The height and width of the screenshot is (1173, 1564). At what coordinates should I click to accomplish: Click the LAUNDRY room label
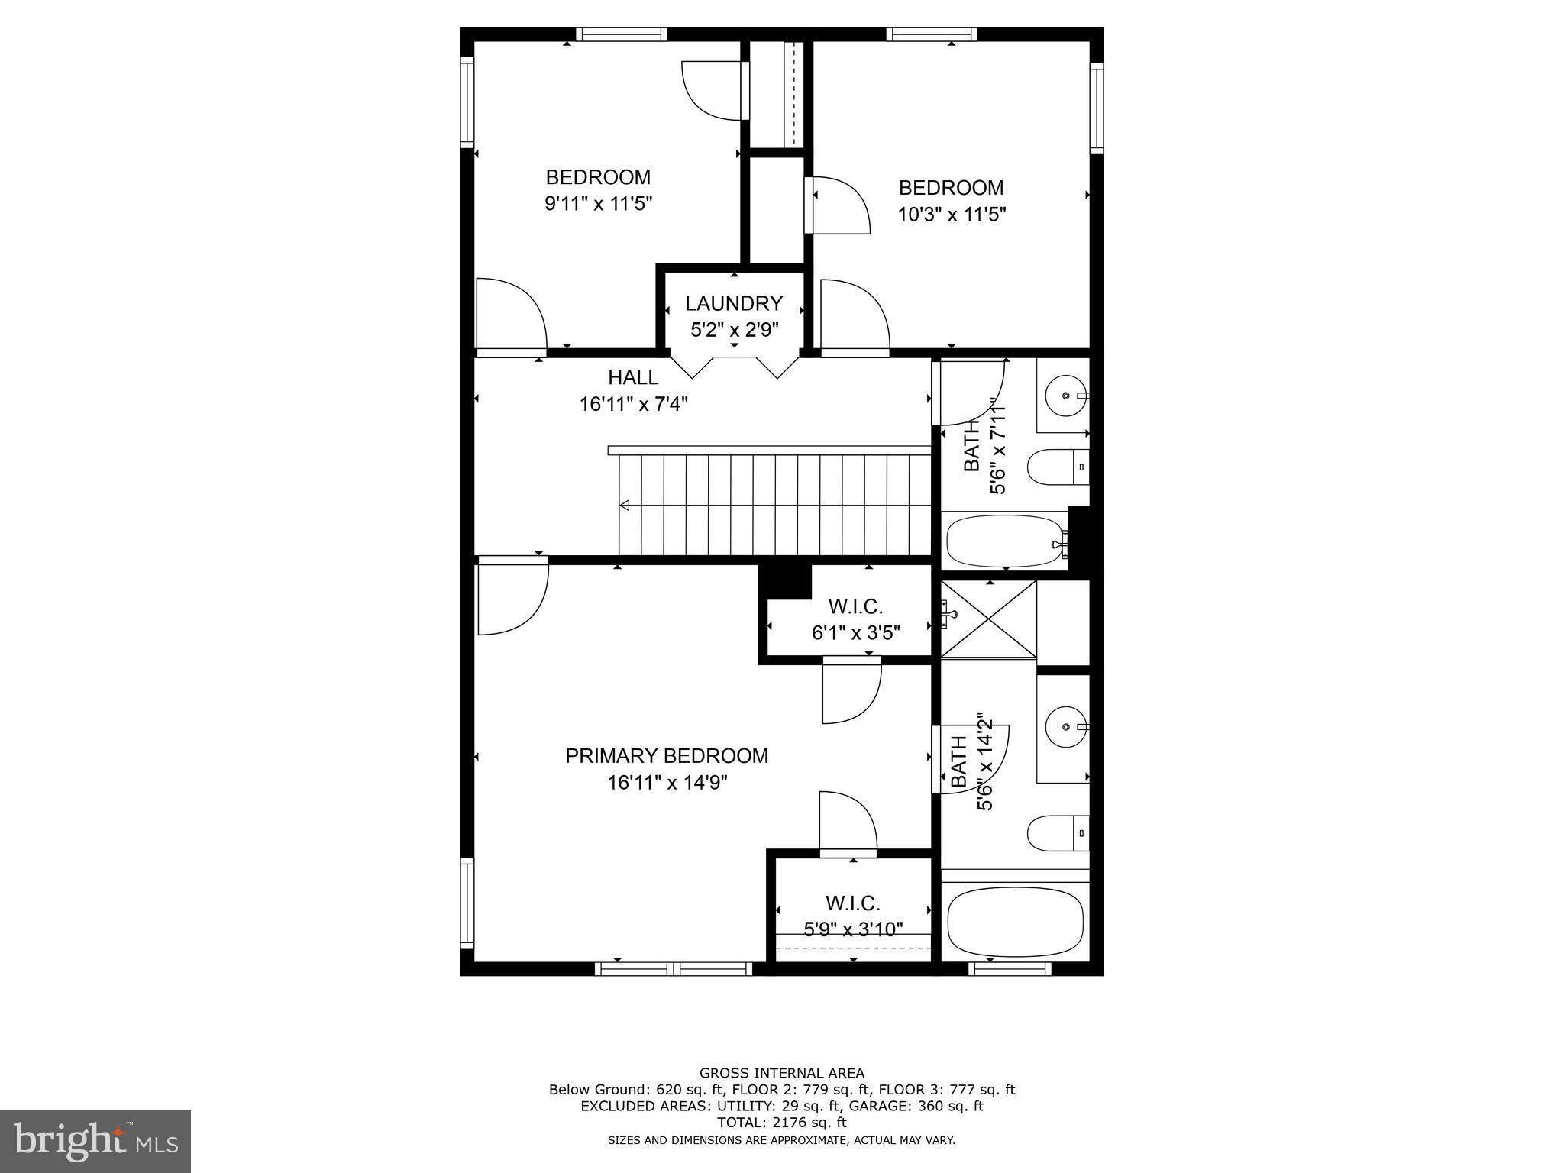pos(733,303)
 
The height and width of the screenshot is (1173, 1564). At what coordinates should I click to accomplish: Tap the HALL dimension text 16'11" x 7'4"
pos(633,404)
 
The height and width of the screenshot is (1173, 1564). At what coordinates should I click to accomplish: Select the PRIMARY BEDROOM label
pos(666,755)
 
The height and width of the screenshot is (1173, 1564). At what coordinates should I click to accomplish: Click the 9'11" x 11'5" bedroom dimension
pos(598,204)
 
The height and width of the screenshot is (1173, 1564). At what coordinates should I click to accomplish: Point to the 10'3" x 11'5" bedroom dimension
pos(951,215)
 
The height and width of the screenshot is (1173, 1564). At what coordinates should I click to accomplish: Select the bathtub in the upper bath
pos(1005,541)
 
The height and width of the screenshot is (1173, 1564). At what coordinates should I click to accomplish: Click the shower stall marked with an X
pos(988,619)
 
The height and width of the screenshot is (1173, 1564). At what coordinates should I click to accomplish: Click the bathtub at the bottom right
pos(1014,921)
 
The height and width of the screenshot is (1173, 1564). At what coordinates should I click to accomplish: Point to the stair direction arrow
pos(625,505)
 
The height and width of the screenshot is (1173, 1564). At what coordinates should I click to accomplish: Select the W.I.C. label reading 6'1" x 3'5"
pos(855,619)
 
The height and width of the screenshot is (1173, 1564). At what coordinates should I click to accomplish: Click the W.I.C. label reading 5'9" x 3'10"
pos(853,916)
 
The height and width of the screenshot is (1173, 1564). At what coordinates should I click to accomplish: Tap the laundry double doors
pos(735,366)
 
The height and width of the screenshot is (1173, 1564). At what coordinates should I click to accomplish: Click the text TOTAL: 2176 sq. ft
pos(781,1123)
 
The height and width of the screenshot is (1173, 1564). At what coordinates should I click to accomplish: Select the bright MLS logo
pos(95,1142)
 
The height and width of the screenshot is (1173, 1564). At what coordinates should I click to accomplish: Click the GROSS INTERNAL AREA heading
pos(781,1073)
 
